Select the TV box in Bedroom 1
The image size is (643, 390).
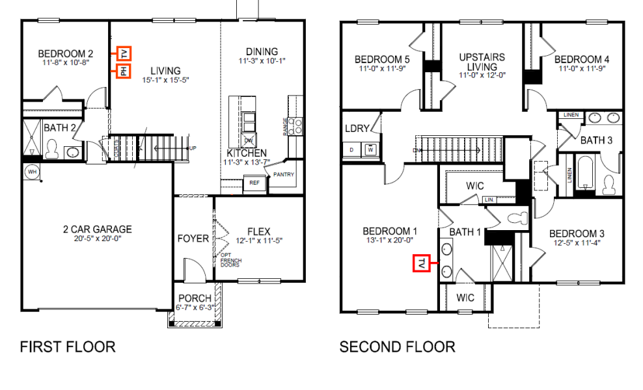[422, 263]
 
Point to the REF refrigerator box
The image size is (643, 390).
[254, 183]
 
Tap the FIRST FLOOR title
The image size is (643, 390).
[68, 346]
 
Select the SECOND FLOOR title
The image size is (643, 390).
[397, 346]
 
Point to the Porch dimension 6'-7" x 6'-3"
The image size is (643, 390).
[195, 307]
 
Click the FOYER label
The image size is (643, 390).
[193, 239]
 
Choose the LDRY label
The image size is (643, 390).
[357, 129]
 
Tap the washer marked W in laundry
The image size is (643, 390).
[370, 149]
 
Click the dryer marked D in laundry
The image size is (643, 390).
[352, 149]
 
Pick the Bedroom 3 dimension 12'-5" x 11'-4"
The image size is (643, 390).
[577, 243]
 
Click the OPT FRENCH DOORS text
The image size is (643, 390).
[230, 259]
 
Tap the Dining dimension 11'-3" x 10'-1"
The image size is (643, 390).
[262, 60]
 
